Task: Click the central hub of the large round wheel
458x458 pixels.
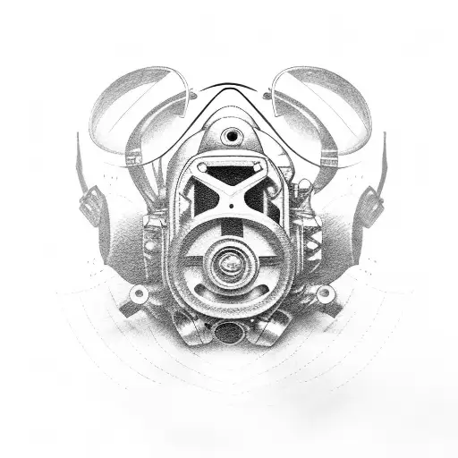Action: coord(230,264)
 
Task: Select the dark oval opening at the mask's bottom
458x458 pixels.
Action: coord(229,333)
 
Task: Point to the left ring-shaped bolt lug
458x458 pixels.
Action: coord(139,294)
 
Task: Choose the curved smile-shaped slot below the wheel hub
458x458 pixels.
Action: coord(230,293)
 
